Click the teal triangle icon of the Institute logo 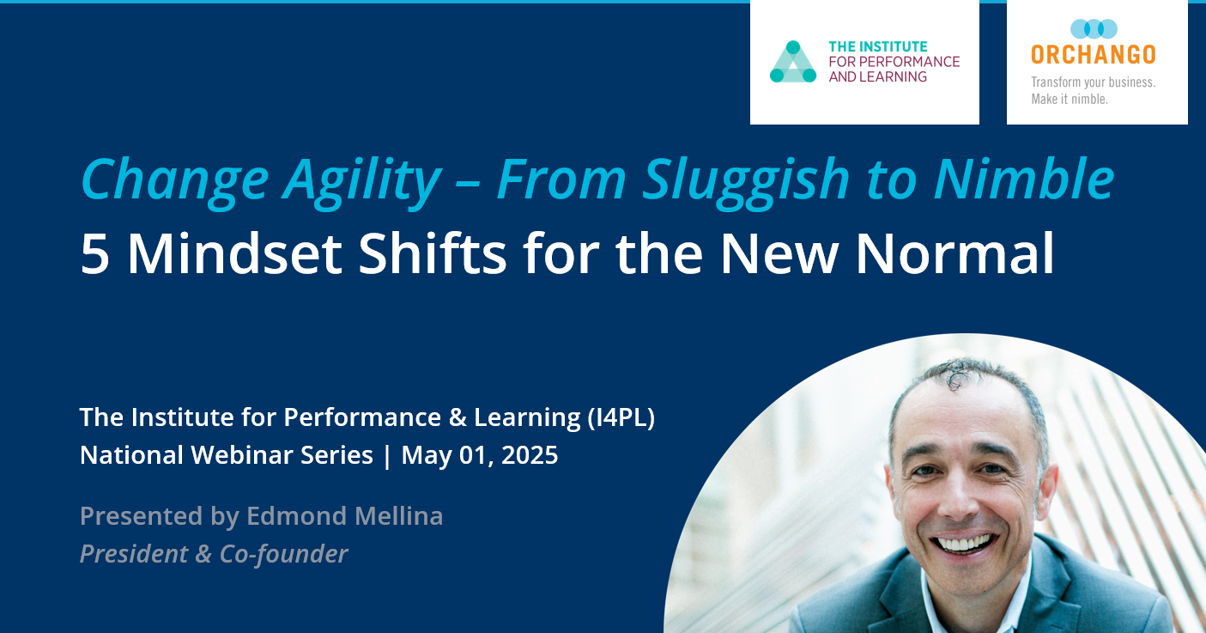point(792,63)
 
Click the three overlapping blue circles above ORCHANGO point(1094,29)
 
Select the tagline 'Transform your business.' point(1093,82)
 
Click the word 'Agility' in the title point(361,179)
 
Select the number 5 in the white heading point(94,254)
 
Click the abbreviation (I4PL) point(621,417)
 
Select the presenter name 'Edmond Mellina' point(344,516)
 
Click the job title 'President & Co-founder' point(213,554)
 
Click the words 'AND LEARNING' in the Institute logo point(877,76)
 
